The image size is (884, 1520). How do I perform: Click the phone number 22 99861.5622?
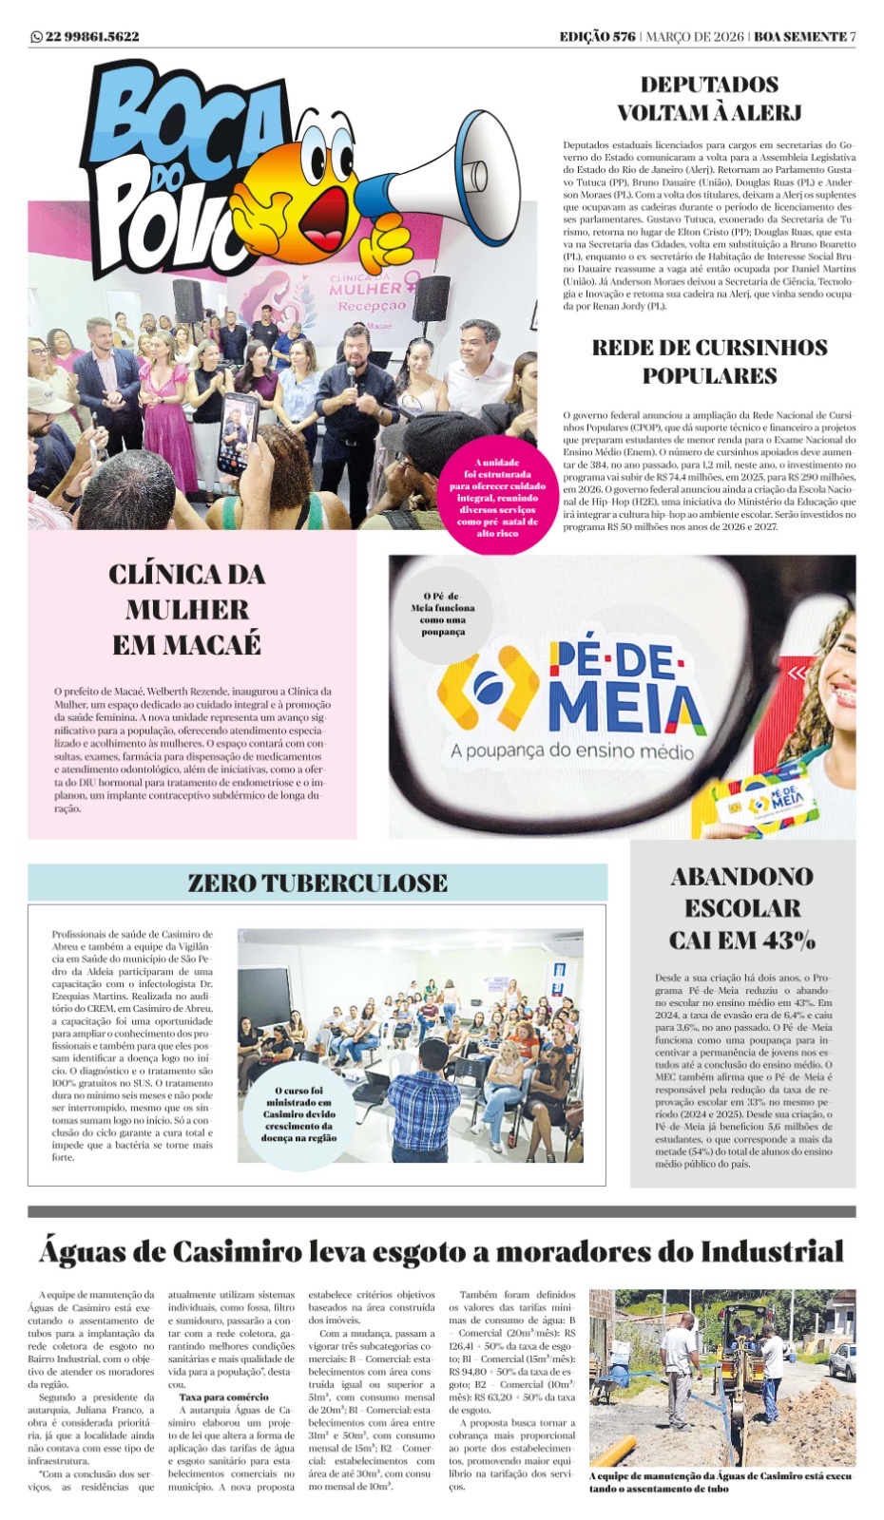pyautogui.click(x=91, y=37)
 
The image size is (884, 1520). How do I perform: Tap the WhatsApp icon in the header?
pyautogui.click(x=36, y=37)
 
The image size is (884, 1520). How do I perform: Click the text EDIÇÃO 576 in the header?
pyautogui.click(x=597, y=37)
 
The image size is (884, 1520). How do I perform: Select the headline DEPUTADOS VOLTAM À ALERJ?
pyautogui.click(x=709, y=99)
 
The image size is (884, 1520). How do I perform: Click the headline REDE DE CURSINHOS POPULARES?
pyautogui.click(x=709, y=361)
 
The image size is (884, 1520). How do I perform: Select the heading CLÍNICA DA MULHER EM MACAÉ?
pyautogui.click(x=187, y=609)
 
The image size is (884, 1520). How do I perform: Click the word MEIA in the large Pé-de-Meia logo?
pyautogui.click(x=626, y=706)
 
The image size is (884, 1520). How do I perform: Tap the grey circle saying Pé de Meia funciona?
pyautogui.click(x=442, y=614)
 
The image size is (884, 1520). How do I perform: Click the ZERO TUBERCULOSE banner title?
pyautogui.click(x=317, y=883)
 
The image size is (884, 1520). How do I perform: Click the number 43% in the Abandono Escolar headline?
pyautogui.click(x=783, y=940)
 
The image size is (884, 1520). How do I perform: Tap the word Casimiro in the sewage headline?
pyautogui.click(x=233, y=1251)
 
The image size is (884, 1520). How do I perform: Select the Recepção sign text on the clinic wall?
pyautogui.click(x=373, y=306)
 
